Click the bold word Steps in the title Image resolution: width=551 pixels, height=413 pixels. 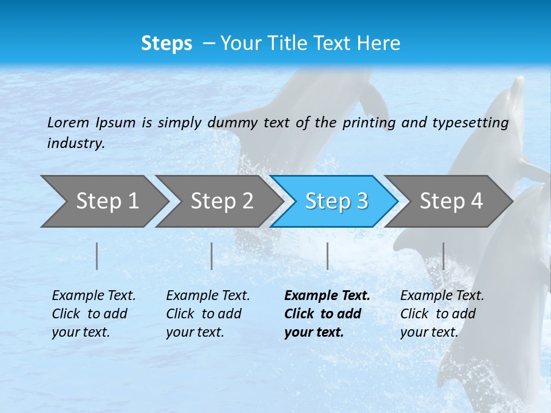(x=166, y=44)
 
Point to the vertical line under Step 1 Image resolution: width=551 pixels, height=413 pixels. (x=97, y=256)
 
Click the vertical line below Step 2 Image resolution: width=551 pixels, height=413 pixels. (x=212, y=256)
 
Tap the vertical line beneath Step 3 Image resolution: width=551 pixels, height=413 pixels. (x=328, y=256)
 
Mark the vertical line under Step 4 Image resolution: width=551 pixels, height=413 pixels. (x=443, y=256)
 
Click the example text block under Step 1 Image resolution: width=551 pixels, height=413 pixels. (x=93, y=314)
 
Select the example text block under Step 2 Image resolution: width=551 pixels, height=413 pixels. (x=207, y=314)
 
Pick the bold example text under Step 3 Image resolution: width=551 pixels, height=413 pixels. (x=327, y=314)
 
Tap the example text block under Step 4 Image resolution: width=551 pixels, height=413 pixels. (x=441, y=314)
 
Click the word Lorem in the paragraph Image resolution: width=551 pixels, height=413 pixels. (x=68, y=123)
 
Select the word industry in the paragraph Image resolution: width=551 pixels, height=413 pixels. (x=76, y=143)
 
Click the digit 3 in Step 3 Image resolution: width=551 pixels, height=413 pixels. (x=362, y=201)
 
